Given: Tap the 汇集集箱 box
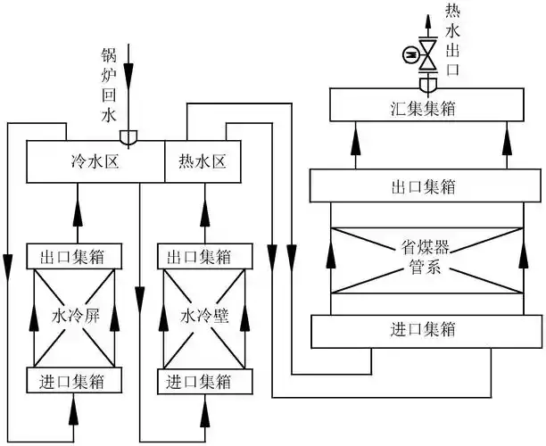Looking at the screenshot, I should [425, 106].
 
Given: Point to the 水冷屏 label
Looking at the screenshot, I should [74, 315].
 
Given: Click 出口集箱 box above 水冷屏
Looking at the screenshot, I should [73, 257].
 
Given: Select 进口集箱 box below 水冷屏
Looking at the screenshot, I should [73, 381].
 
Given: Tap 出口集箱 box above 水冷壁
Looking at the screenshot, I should [205, 257].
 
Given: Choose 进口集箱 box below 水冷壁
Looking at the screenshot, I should [205, 381].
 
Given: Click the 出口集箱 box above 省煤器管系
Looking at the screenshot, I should [425, 186].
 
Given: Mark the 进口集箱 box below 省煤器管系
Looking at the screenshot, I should [425, 329].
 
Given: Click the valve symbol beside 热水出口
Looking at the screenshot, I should [428, 56].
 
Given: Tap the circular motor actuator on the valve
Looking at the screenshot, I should [409, 56].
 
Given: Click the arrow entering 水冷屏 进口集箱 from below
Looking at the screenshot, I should [73, 409].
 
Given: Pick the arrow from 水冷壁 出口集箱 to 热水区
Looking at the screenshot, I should [205, 214].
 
